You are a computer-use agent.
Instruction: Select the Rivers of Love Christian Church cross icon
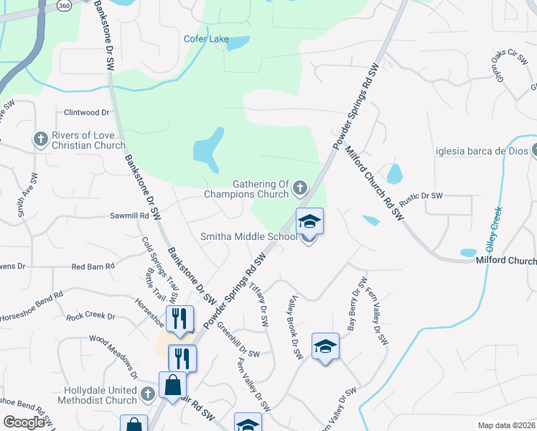tap(40, 138)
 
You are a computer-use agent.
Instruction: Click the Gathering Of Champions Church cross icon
tap(300, 188)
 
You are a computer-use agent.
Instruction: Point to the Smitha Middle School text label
tap(248, 236)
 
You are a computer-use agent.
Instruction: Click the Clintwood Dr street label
tap(86, 113)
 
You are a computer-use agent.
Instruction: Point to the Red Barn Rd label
tap(93, 267)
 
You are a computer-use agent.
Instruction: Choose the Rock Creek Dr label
tap(90, 316)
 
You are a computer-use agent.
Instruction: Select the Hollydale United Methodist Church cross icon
tap(147, 394)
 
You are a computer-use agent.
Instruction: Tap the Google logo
tap(24, 422)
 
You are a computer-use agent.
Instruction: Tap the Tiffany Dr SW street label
tap(258, 305)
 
